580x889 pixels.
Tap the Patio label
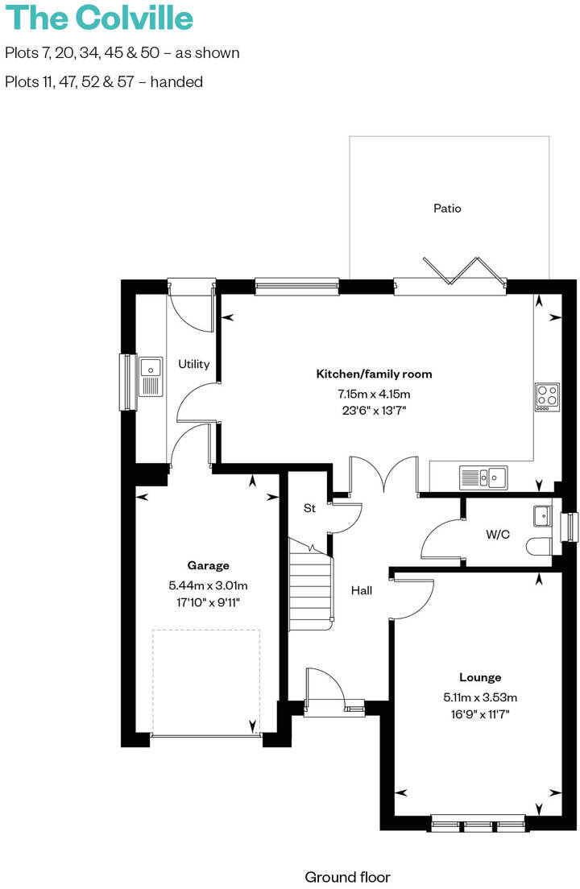pyautogui.click(x=447, y=209)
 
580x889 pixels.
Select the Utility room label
pyautogui.click(x=194, y=364)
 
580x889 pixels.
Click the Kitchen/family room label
pyautogui.click(x=374, y=374)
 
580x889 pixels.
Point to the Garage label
pyautogui.click(x=209, y=565)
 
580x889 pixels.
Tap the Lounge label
pyautogui.click(x=480, y=677)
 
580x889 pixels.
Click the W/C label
pyautogui.click(x=498, y=535)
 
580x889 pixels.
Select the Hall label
pyautogui.click(x=362, y=590)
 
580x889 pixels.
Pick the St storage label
pyautogui.click(x=309, y=509)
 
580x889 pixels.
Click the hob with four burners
pyautogui.click(x=547, y=396)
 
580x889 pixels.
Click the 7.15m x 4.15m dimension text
pyautogui.click(x=374, y=394)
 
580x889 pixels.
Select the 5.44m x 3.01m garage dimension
pyautogui.click(x=209, y=585)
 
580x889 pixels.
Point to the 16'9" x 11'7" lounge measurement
pyautogui.click(x=480, y=713)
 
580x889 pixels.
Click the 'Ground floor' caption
pyautogui.click(x=347, y=877)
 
